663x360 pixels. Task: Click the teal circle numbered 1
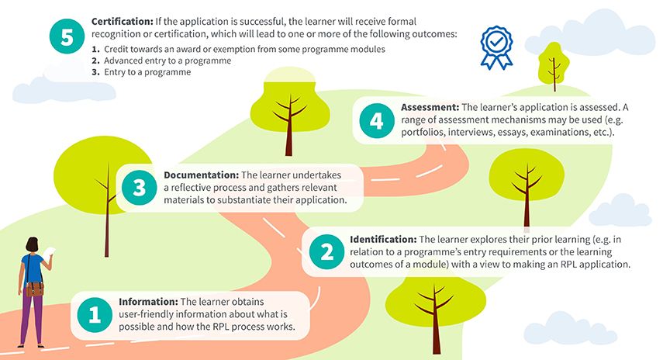click(95, 314)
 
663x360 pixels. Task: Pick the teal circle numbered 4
click(376, 121)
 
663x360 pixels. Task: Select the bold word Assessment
click(430, 107)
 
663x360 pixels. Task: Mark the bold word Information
click(148, 301)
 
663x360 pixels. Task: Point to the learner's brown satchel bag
click(35, 289)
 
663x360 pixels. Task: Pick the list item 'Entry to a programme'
click(147, 72)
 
